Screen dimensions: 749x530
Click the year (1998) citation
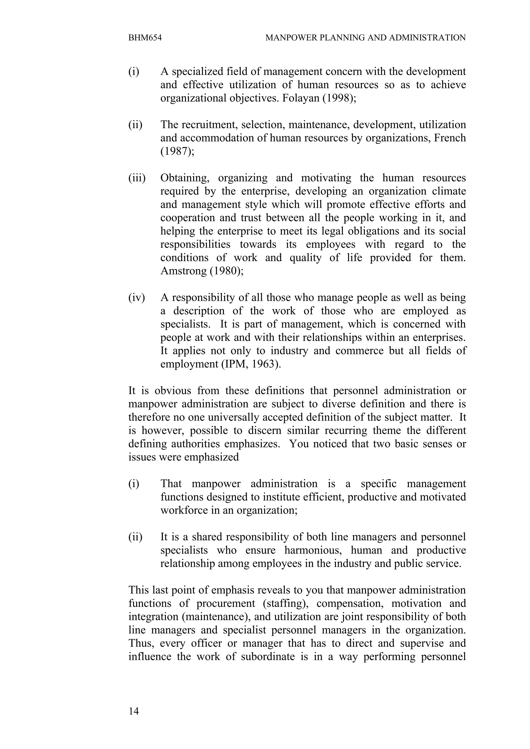[x=339, y=98]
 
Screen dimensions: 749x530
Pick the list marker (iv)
[x=136, y=298]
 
